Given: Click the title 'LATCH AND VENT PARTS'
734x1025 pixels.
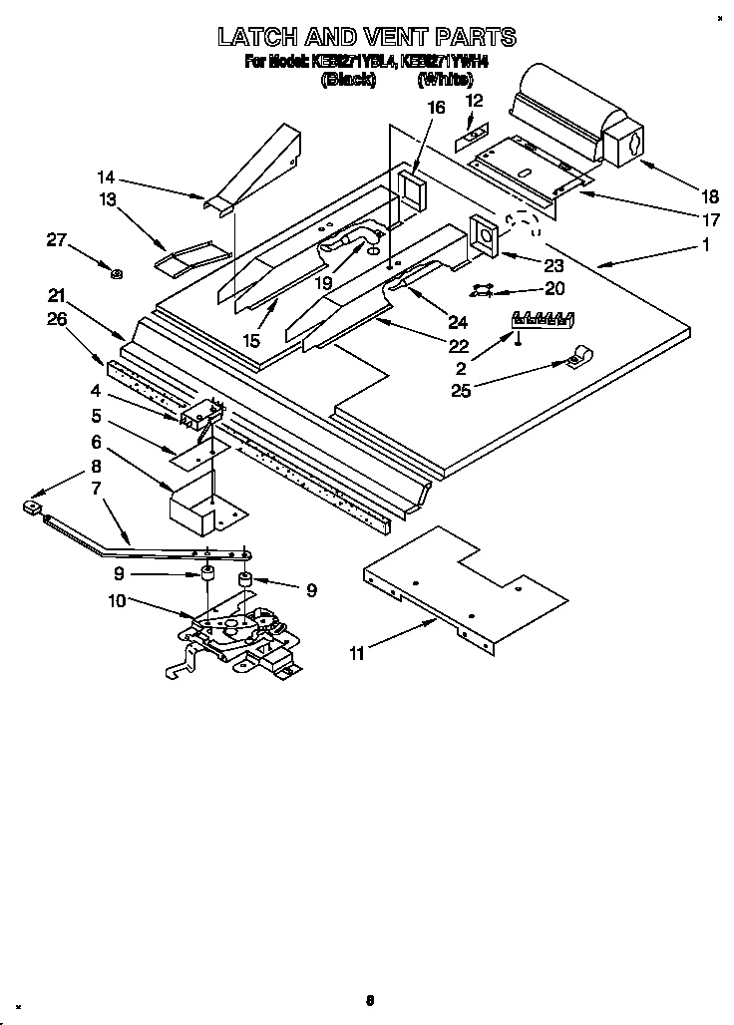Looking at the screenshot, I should pos(367,38).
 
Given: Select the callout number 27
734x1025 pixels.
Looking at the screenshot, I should pos(57,239).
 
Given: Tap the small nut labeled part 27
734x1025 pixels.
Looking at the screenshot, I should pos(117,272).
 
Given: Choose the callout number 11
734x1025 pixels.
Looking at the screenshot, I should pos(356,654).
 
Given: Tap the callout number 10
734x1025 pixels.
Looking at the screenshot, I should pos(117,600).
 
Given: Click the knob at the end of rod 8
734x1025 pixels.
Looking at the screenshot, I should pos(30,510).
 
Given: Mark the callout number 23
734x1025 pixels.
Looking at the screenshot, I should pos(551,265).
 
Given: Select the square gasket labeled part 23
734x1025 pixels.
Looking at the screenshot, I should pos(488,236).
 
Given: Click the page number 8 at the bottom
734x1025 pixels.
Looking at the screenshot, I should pos(369,999).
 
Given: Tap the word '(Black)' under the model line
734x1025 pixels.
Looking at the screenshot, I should pos(348,82).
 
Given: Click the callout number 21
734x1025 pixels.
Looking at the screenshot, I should pos(57,295).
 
